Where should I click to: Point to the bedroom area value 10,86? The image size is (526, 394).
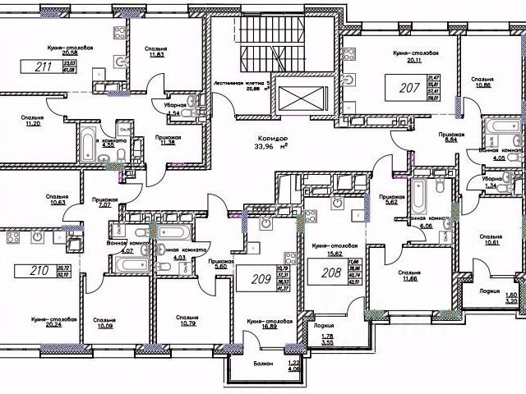coord(482,85)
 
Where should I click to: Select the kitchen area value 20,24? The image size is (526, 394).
coord(53,325)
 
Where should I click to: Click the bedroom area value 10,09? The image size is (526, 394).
coord(104,327)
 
